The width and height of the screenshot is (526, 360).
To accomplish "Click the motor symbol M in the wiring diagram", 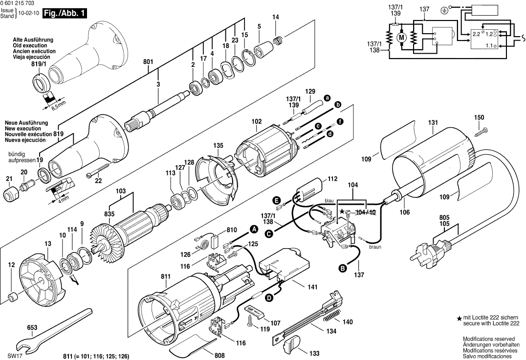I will tap(402, 37).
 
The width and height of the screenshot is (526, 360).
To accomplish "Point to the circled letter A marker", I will tap(254, 229).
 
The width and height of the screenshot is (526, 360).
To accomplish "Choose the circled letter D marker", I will tap(268, 297).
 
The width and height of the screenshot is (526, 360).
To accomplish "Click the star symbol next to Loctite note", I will tap(459, 318).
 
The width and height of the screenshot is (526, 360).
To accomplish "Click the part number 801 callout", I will tap(148, 62).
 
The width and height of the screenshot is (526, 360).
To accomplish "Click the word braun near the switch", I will tap(375, 247).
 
